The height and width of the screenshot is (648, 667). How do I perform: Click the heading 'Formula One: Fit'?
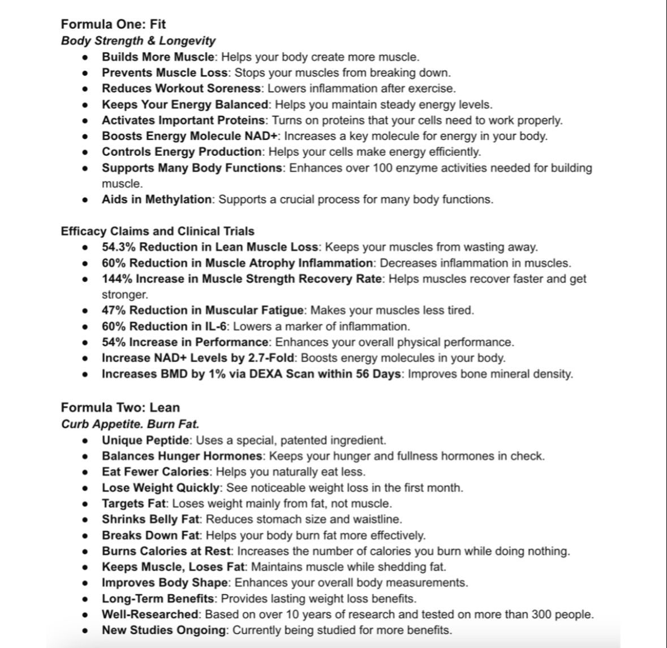113,24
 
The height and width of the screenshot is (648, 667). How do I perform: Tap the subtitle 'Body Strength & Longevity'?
138,41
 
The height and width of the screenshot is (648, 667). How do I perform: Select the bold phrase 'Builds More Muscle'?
158,57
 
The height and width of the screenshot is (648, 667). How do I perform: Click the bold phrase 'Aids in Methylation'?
157,199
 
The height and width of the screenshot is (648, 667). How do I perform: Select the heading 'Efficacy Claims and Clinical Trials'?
157,231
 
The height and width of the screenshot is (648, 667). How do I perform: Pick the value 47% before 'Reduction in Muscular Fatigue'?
113,310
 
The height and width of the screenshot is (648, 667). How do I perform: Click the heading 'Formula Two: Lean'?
120,407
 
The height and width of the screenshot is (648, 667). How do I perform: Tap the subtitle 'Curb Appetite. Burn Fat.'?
130,424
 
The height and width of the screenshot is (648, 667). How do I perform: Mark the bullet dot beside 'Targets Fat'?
85,504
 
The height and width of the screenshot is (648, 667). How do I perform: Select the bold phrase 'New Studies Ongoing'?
163,630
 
